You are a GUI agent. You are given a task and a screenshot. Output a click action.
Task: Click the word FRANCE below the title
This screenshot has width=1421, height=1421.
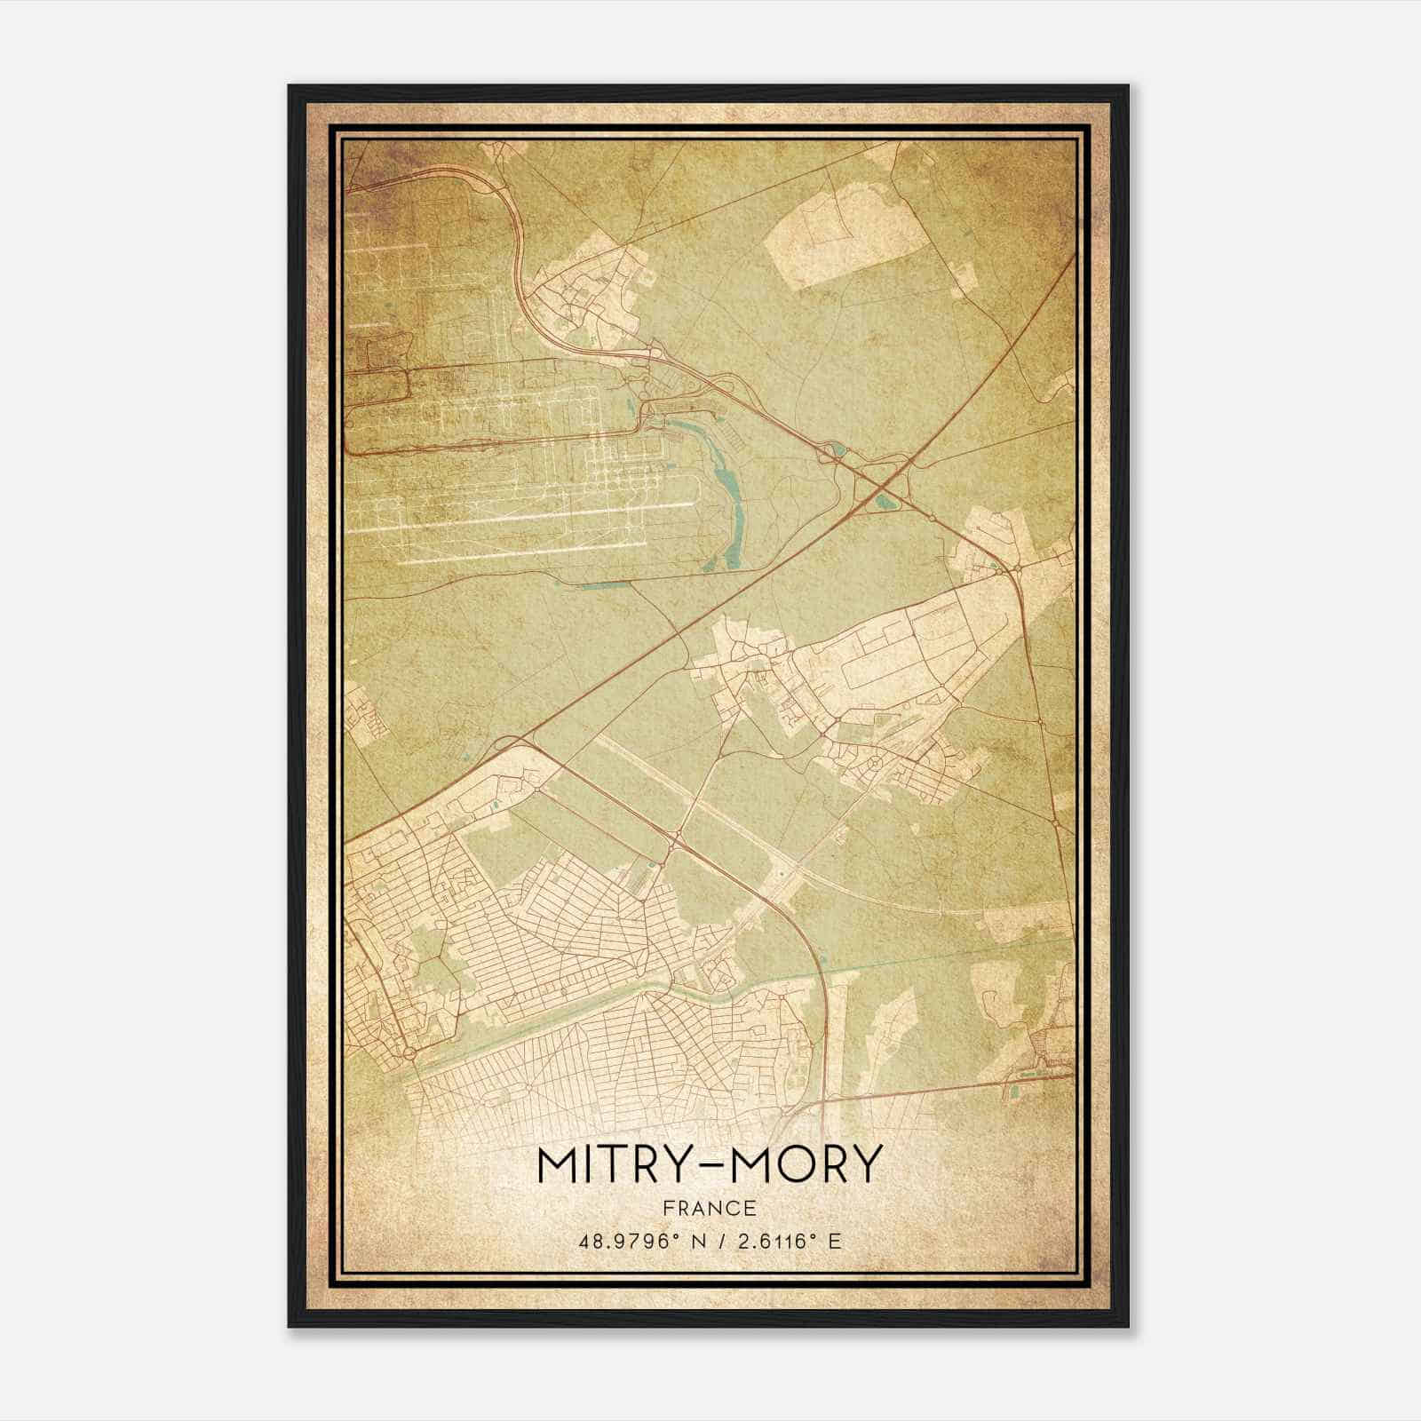point(708,1208)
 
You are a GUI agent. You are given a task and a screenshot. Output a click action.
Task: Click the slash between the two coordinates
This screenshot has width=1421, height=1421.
point(708,1241)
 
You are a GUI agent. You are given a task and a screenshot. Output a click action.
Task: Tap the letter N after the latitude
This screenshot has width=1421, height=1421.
point(683,1241)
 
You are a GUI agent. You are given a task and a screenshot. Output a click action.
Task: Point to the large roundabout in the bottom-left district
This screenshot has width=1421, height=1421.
point(409,1053)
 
